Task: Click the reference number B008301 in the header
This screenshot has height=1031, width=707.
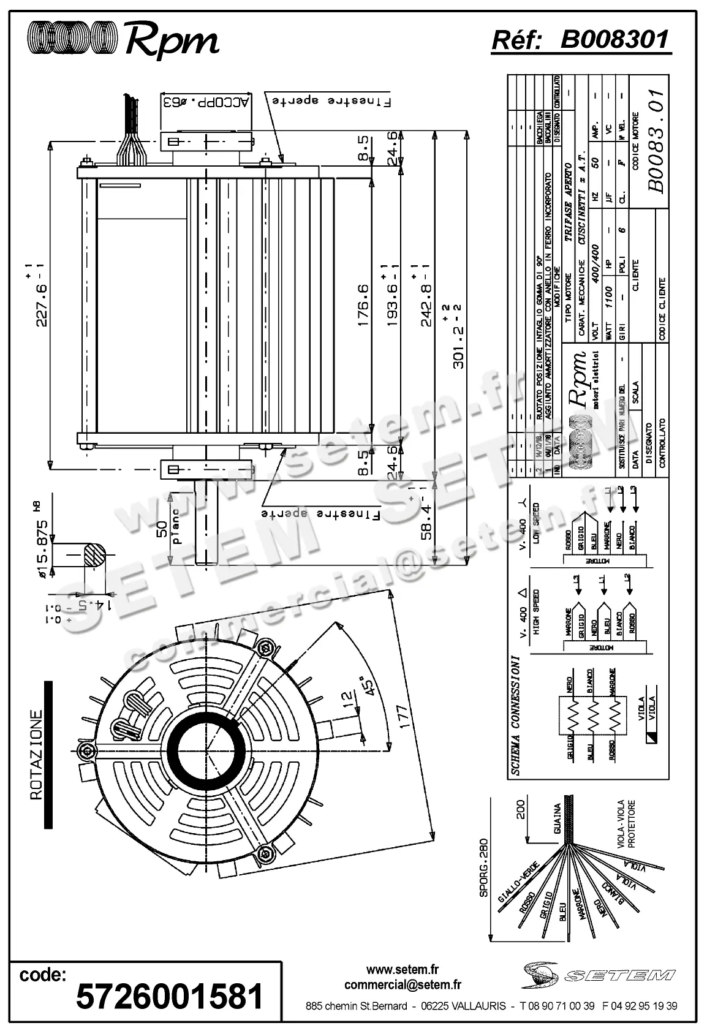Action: pyautogui.click(x=614, y=40)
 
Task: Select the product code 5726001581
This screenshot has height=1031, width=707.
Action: pyautogui.click(x=169, y=996)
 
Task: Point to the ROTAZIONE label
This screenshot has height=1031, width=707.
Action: pyautogui.click(x=37, y=754)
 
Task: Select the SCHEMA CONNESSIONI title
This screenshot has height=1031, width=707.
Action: pyautogui.click(x=516, y=716)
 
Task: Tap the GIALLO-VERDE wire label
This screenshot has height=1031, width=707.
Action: pyautogui.click(x=518, y=882)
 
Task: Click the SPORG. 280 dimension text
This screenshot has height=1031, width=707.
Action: pyautogui.click(x=483, y=867)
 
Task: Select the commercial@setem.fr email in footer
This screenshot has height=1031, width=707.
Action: pyautogui.click(x=403, y=984)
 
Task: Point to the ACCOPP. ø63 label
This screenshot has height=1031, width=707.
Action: pyautogui.click(x=206, y=102)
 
